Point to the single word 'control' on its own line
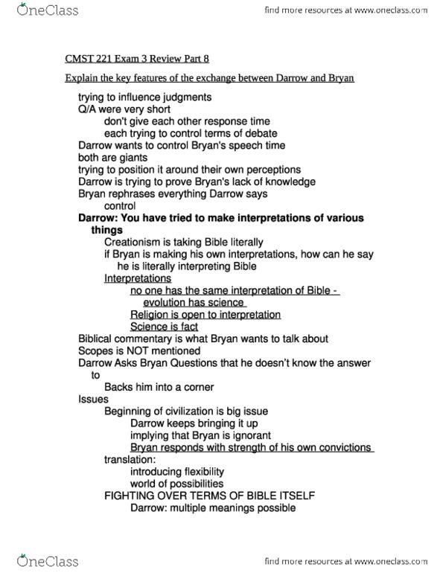(x=120, y=206)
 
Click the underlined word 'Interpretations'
(x=138, y=278)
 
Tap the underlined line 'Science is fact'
(x=165, y=327)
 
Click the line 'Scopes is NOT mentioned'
(x=139, y=350)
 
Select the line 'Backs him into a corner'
(x=159, y=387)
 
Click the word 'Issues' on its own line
(x=93, y=400)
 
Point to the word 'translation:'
(x=130, y=460)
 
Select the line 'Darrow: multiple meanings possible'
(x=212, y=508)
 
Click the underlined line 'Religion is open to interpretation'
(x=205, y=315)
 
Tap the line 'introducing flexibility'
(x=176, y=472)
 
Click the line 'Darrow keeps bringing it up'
(x=194, y=423)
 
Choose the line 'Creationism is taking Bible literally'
(x=183, y=243)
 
